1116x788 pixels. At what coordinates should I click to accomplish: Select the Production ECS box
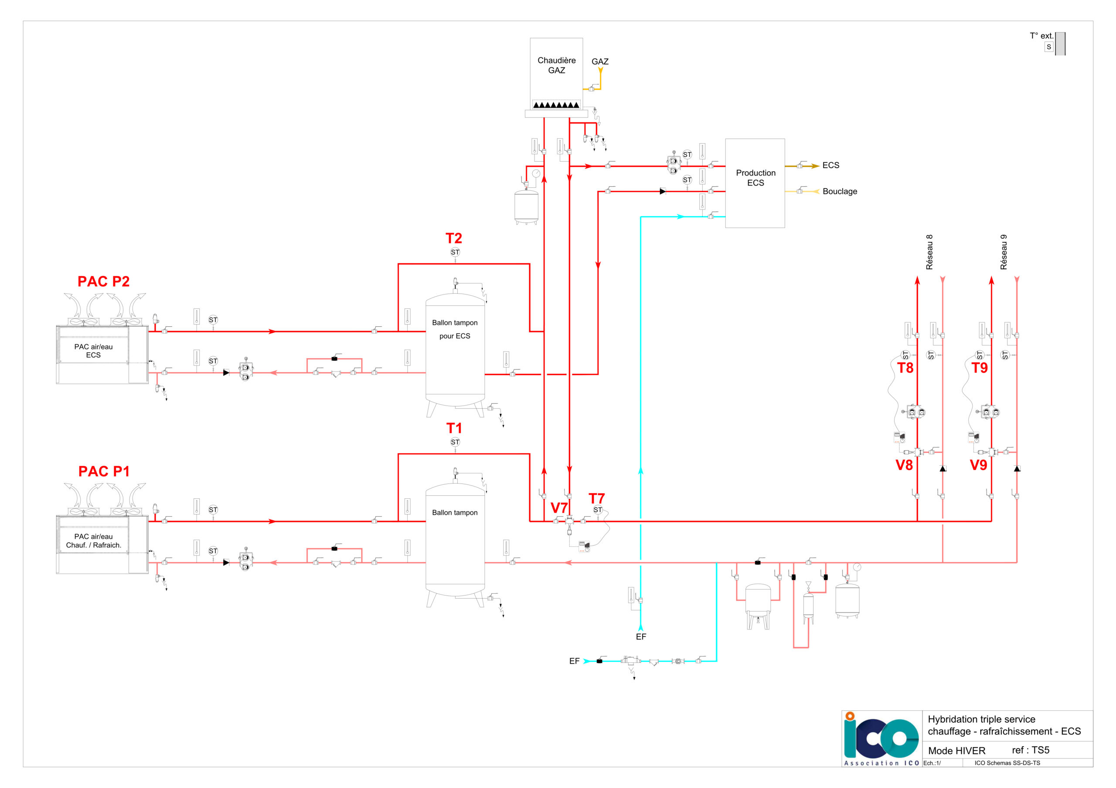(755, 183)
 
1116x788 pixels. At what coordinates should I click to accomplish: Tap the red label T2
(453, 238)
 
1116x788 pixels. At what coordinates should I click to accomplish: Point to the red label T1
(454, 428)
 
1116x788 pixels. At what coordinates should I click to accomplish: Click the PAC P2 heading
(103, 281)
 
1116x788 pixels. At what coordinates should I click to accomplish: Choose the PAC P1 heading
(104, 471)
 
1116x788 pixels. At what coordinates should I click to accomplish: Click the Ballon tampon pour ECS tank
(455, 350)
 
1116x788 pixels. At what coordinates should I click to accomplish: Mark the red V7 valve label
(559, 507)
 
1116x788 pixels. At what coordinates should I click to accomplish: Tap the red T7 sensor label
(596, 498)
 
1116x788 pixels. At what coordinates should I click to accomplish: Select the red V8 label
(904, 465)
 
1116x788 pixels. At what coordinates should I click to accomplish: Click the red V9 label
(978, 465)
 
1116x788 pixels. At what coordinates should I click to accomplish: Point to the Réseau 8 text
(929, 252)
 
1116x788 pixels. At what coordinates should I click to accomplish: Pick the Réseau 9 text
(1004, 252)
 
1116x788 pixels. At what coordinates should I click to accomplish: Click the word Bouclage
(840, 191)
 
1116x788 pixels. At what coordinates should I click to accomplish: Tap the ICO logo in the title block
(881, 739)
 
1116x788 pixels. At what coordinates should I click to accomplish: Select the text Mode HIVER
(956, 751)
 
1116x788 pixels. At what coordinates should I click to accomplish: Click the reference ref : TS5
(1031, 750)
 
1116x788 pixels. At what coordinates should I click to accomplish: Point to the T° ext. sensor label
(1041, 36)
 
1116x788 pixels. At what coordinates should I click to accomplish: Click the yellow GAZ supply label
(600, 62)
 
